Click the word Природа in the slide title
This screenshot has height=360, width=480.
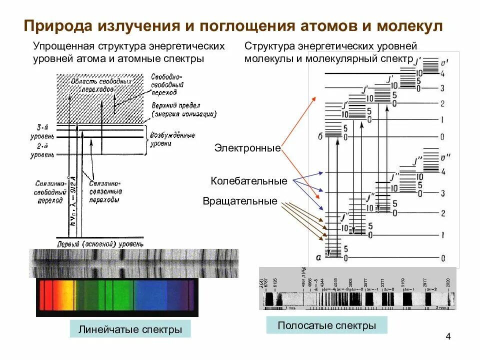pyautogui.click(x=58, y=26)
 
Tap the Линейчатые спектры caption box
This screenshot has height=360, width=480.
pyautogui.click(x=130, y=330)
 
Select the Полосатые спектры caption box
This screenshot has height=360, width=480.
pyautogui.click(x=326, y=326)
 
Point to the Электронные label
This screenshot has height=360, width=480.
pyautogui.click(x=247, y=148)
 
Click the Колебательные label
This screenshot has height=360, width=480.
pyautogui.click(x=249, y=181)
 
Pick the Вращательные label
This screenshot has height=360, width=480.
pyautogui.click(x=240, y=201)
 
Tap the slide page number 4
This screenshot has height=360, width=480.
pyautogui.click(x=448, y=336)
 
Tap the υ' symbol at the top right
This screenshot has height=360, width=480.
pyautogui.click(x=440, y=62)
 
